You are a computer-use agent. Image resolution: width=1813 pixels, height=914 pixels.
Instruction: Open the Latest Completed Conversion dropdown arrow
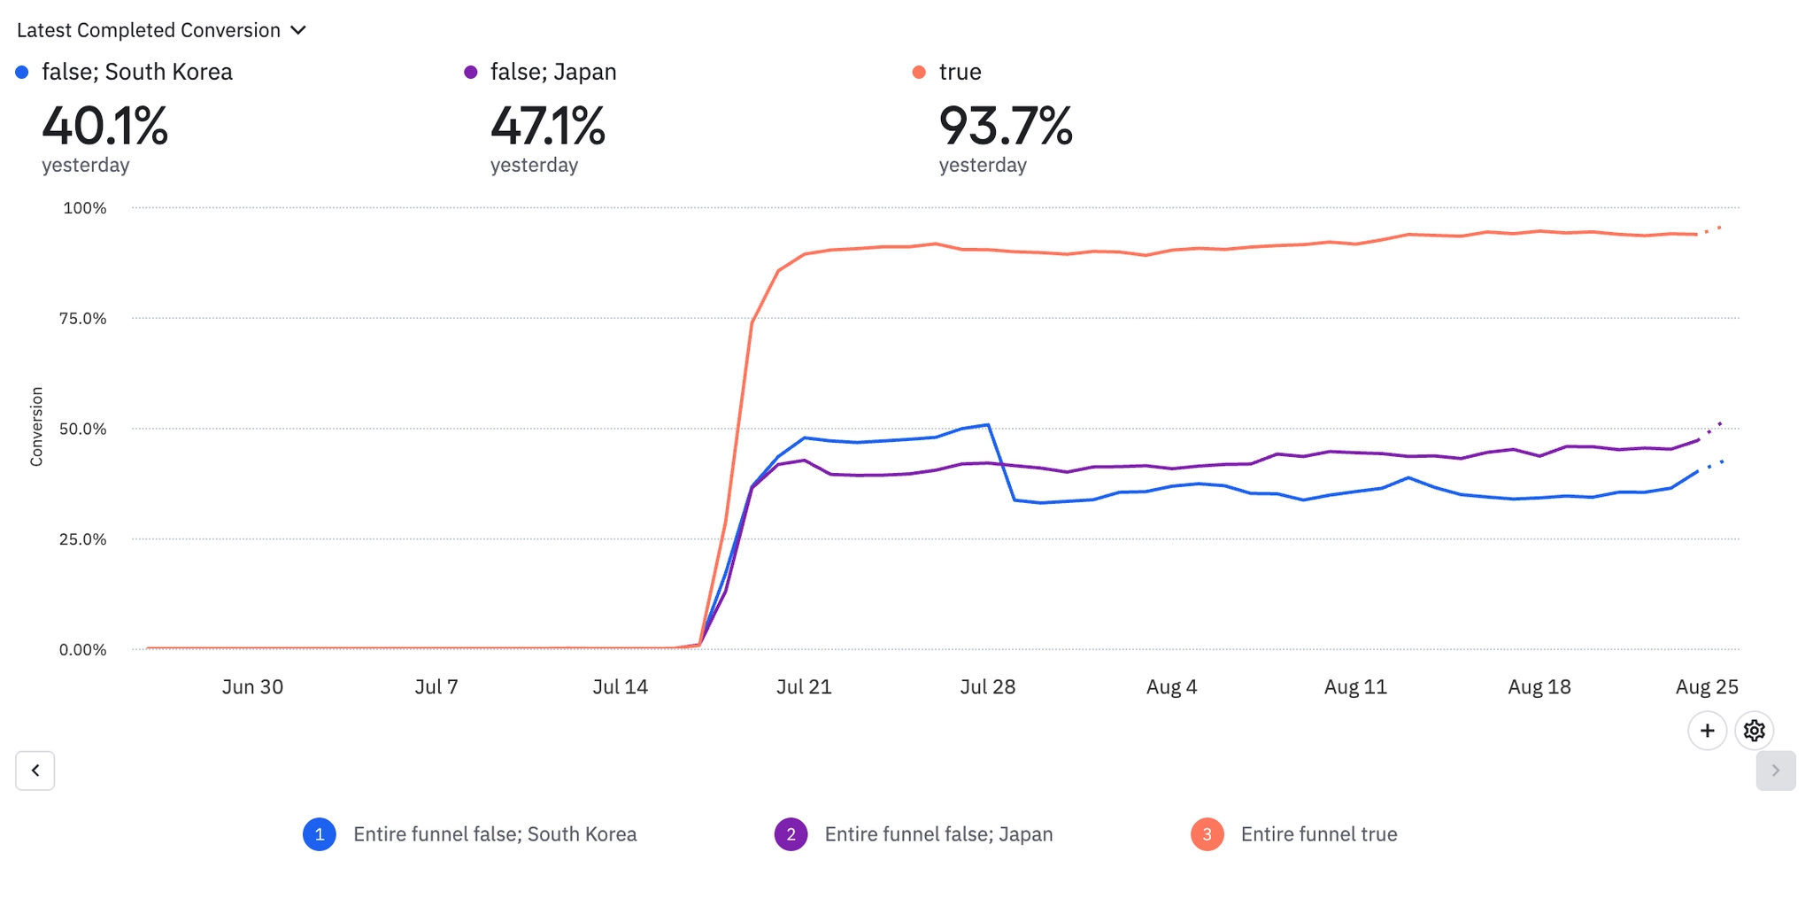tap(298, 31)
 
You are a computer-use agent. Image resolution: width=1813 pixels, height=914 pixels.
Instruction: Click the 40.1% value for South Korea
tap(104, 126)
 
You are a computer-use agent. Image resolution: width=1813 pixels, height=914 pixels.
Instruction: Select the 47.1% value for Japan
tap(547, 126)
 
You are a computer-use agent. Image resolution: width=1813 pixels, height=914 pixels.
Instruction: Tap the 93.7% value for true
tap(1005, 126)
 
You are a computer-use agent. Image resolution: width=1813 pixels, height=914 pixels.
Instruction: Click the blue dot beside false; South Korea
tap(22, 72)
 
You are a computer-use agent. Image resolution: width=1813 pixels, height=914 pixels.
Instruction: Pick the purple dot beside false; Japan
tap(471, 72)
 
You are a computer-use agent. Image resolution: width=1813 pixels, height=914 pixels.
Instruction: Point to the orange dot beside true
tap(919, 72)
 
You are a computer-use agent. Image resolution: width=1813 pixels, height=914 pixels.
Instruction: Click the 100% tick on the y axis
tap(85, 208)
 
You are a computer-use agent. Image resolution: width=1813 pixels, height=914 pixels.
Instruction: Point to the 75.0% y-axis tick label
tap(83, 319)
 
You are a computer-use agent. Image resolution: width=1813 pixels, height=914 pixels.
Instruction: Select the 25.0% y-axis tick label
tap(83, 539)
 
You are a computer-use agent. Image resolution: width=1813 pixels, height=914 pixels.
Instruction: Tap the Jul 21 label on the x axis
tap(804, 687)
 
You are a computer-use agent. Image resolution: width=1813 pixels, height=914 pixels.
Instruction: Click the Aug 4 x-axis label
tap(1171, 687)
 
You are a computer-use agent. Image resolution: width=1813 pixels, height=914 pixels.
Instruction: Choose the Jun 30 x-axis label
tap(252, 687)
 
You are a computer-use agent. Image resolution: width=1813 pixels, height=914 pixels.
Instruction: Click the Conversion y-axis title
tap(36, 426)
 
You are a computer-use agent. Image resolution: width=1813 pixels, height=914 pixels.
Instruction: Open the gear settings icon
tap(1754, 731)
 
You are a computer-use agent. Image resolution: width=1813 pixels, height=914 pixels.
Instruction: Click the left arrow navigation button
tap(35, 771)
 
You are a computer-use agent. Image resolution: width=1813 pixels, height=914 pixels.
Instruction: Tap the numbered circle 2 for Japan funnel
tap(791, 834)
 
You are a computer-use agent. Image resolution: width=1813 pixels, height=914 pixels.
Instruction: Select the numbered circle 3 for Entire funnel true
tap(1207, 834)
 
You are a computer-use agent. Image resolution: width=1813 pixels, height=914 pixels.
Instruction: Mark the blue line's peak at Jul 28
tap(988, 425)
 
